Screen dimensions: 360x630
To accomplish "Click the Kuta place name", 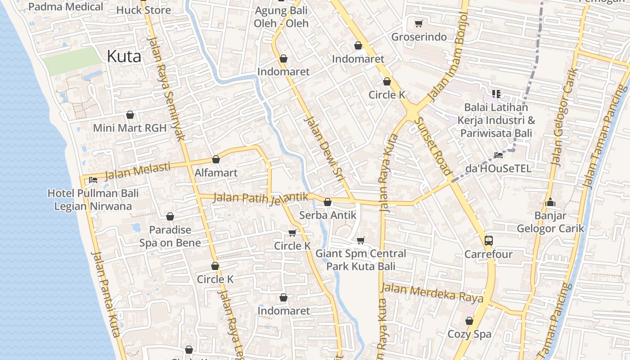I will pyautogui.click(x=124, y=57).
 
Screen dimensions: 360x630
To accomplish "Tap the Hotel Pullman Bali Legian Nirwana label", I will pyautogui.click(x=93, y=200).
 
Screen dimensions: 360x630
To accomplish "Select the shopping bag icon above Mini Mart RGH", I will pyautogui.click(x=130, y=115).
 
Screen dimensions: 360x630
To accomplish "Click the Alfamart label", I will pyautogui.click(x=216, y=173).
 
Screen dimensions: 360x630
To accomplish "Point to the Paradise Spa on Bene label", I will pyautogui.click(x=170, y=236).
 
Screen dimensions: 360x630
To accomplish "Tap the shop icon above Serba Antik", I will pyautogui.click(x=328, y=202).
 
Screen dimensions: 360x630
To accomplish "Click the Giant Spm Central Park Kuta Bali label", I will pyautogui.click(x=360, y=260).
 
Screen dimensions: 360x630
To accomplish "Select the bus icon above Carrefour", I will pyautogui.click(x=489, y=240).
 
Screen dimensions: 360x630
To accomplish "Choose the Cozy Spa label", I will pyautogui.click(x=469, y=334).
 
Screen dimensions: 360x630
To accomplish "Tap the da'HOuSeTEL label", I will pyautogui.click(x=498, y=169).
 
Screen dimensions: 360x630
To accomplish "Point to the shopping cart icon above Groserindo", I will pyautogui.click(x=418, y=23).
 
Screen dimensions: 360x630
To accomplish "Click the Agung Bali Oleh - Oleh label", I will pyautogui.click(x=281, y=16).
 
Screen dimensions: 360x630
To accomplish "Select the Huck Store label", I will pyautogui.click(x=144, y=10).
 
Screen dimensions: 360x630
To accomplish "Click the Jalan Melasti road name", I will pyautogui.click(x=137, y=171).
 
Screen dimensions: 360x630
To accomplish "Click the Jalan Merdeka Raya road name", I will pyautogui.click(x=432, y=292).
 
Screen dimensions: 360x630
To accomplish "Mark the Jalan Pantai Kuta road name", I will pyautogui.click(x=106, y=295).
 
